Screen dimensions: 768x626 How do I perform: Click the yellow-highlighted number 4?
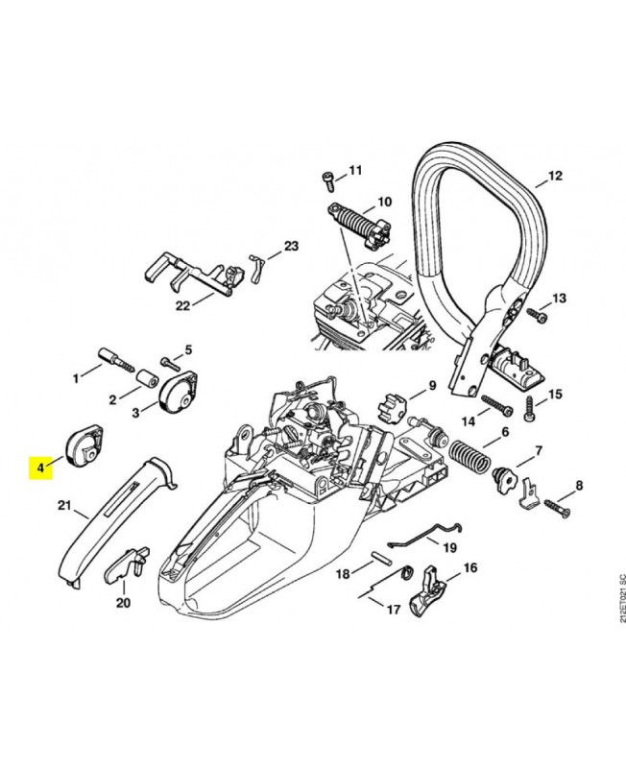tap(40, 468)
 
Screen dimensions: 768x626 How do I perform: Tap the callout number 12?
tap(554, 177)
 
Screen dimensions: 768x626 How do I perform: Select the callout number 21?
tap(65, 506)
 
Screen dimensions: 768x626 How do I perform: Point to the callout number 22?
tap(182, 306)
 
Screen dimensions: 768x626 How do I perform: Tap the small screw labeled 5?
tap(171, 362)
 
